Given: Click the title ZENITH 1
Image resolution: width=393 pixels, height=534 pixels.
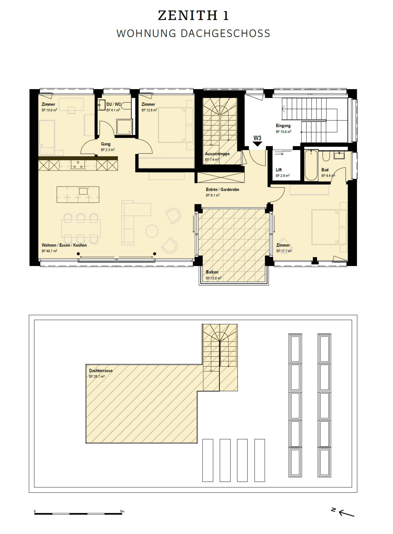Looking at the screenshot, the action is coord(194,15).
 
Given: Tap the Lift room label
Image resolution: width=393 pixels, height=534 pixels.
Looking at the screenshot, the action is coord(279,170).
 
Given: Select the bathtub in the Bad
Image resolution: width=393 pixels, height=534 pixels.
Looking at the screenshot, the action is coord(311,165).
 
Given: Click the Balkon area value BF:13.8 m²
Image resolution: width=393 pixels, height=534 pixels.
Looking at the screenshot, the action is coord(214,278).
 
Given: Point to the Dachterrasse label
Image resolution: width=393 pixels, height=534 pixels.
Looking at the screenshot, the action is coord(101,371).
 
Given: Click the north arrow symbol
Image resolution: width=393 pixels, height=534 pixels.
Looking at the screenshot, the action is coord(343,512).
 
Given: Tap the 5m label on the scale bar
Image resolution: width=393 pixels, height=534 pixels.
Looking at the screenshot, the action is coord(122,511).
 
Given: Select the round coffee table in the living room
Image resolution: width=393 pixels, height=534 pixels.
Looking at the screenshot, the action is coord(152,231).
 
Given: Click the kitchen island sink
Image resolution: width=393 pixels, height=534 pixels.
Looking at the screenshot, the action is coord(83,191).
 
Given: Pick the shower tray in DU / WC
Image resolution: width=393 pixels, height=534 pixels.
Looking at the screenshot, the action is coord(124,127).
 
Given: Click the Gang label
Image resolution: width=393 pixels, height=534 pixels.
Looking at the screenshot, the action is coord(106,144).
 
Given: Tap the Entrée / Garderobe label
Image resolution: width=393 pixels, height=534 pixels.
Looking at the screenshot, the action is coord(223,189).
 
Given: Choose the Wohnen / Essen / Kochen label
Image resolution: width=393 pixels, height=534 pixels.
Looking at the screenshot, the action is coord(64,245).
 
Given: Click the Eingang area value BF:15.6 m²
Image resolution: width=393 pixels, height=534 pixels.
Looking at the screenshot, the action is coord(283,132).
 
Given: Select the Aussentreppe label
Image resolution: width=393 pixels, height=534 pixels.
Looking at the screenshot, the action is coord(217,154).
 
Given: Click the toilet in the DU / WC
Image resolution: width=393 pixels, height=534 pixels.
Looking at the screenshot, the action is coord(127,106).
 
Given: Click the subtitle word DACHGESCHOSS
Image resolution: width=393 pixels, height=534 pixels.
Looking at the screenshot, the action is coord(226,34).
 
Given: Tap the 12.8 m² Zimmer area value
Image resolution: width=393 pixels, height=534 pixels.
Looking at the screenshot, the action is coord(149,110).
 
